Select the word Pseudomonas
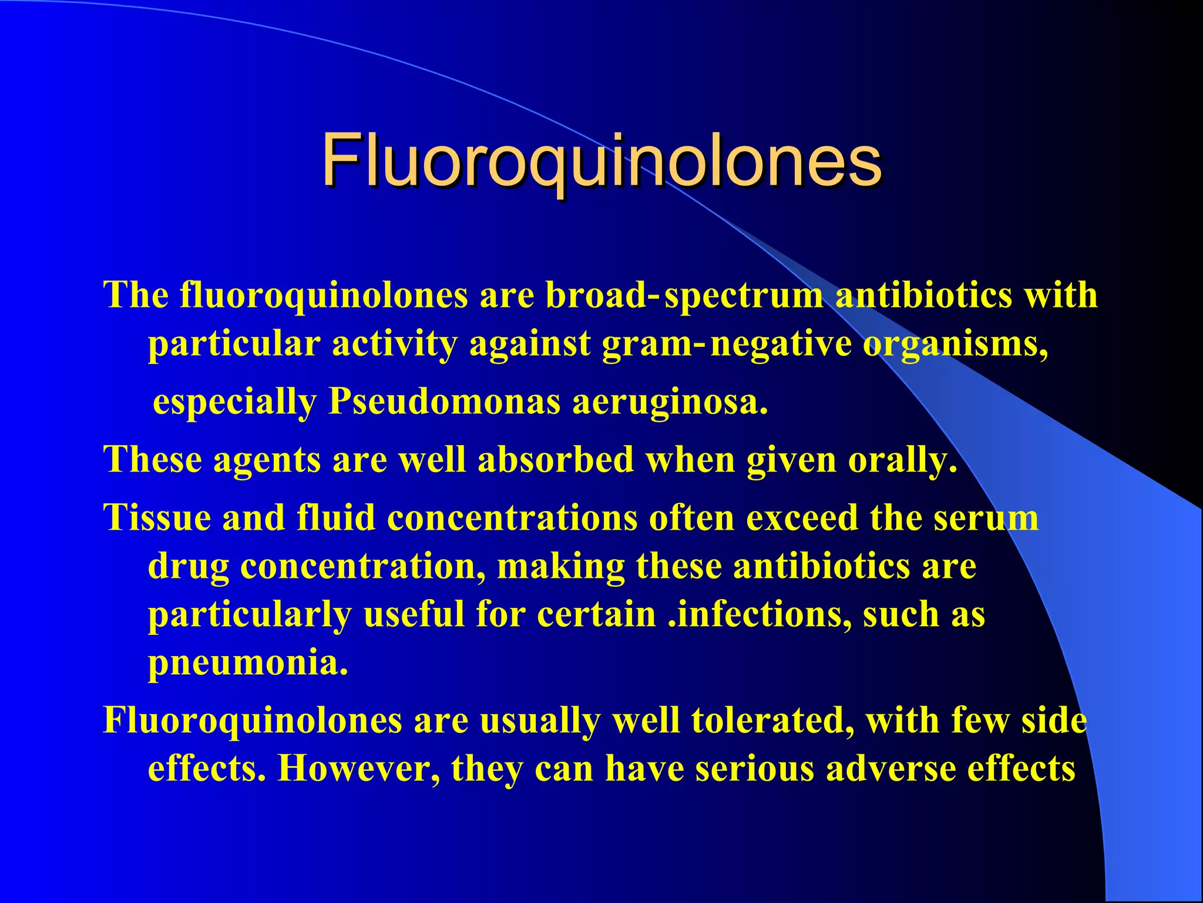[x=444, y=403]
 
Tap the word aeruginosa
[x=670, y=403]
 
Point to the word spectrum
[x=743, y=295]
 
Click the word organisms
[x=955, y=344]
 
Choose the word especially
[x=234, y=403]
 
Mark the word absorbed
[x=556, y=460]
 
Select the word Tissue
[x=157, y=518]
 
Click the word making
[x=560, y=567]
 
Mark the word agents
[x=267, y=460]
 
